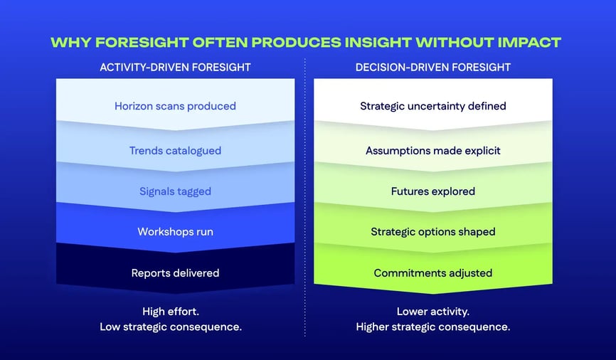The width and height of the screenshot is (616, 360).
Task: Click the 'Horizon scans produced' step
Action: tap(175, 106)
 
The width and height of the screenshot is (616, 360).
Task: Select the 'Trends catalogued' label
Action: tap(175, 150)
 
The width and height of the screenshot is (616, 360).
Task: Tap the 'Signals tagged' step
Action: tap(175, 191)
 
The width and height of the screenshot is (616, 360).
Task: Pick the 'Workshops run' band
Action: tap(175, 231)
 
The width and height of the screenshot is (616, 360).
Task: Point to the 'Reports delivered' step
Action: tap(175, 272)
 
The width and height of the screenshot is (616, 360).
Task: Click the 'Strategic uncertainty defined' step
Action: tap(432, 106)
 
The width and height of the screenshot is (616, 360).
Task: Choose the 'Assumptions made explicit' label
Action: tap(432, 150)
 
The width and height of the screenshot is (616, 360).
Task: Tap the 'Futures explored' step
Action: tap(432, 191)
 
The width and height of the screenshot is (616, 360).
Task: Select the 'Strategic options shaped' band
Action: tap(432, 231)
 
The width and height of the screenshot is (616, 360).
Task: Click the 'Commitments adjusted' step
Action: tap(432, 272)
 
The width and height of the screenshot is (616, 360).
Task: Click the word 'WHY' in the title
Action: tap(70, 42)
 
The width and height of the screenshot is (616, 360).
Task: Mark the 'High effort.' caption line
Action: tap(175, 311)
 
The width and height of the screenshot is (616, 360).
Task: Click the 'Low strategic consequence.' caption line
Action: tap(175, 327)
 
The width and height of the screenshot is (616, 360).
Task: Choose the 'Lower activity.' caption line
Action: tap(432, 311)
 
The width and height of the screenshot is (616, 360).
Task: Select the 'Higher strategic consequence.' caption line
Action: tap(432, 327)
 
